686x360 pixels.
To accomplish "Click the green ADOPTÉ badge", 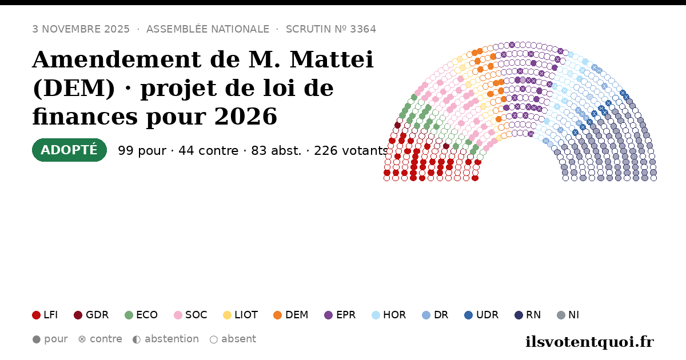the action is (x=69, y=150).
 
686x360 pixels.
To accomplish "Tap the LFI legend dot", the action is (x=36, y=315).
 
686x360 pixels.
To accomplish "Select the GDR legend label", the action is (x=97, y=315).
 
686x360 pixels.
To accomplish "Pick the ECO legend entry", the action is (x=141, y=315).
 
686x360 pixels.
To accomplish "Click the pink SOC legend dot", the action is (x=178, y=315).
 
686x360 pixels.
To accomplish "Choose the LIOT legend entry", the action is (x=241, y=315).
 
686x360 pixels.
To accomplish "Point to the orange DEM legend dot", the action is (x=277, y=315).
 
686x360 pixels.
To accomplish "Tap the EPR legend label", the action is (x=346, y=315).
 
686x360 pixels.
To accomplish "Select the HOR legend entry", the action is (x=389, y=315).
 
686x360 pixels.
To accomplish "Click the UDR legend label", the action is (x=487, y=315).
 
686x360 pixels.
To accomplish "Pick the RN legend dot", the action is (x=519, y=315).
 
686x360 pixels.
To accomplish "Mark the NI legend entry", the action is (x=568, y=315).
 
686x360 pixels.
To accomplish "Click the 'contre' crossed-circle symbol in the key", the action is (x=82, y=339).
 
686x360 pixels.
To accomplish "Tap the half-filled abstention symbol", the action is (x=137, y=339).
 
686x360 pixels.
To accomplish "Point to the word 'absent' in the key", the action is (x=238, y=339).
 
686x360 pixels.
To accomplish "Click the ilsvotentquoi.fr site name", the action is (x=590, y=342).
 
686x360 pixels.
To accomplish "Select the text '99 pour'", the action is (x=142, y=151).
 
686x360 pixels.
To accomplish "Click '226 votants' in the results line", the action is (x=351, y=151).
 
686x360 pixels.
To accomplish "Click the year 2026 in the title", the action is (x=246, y=117).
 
